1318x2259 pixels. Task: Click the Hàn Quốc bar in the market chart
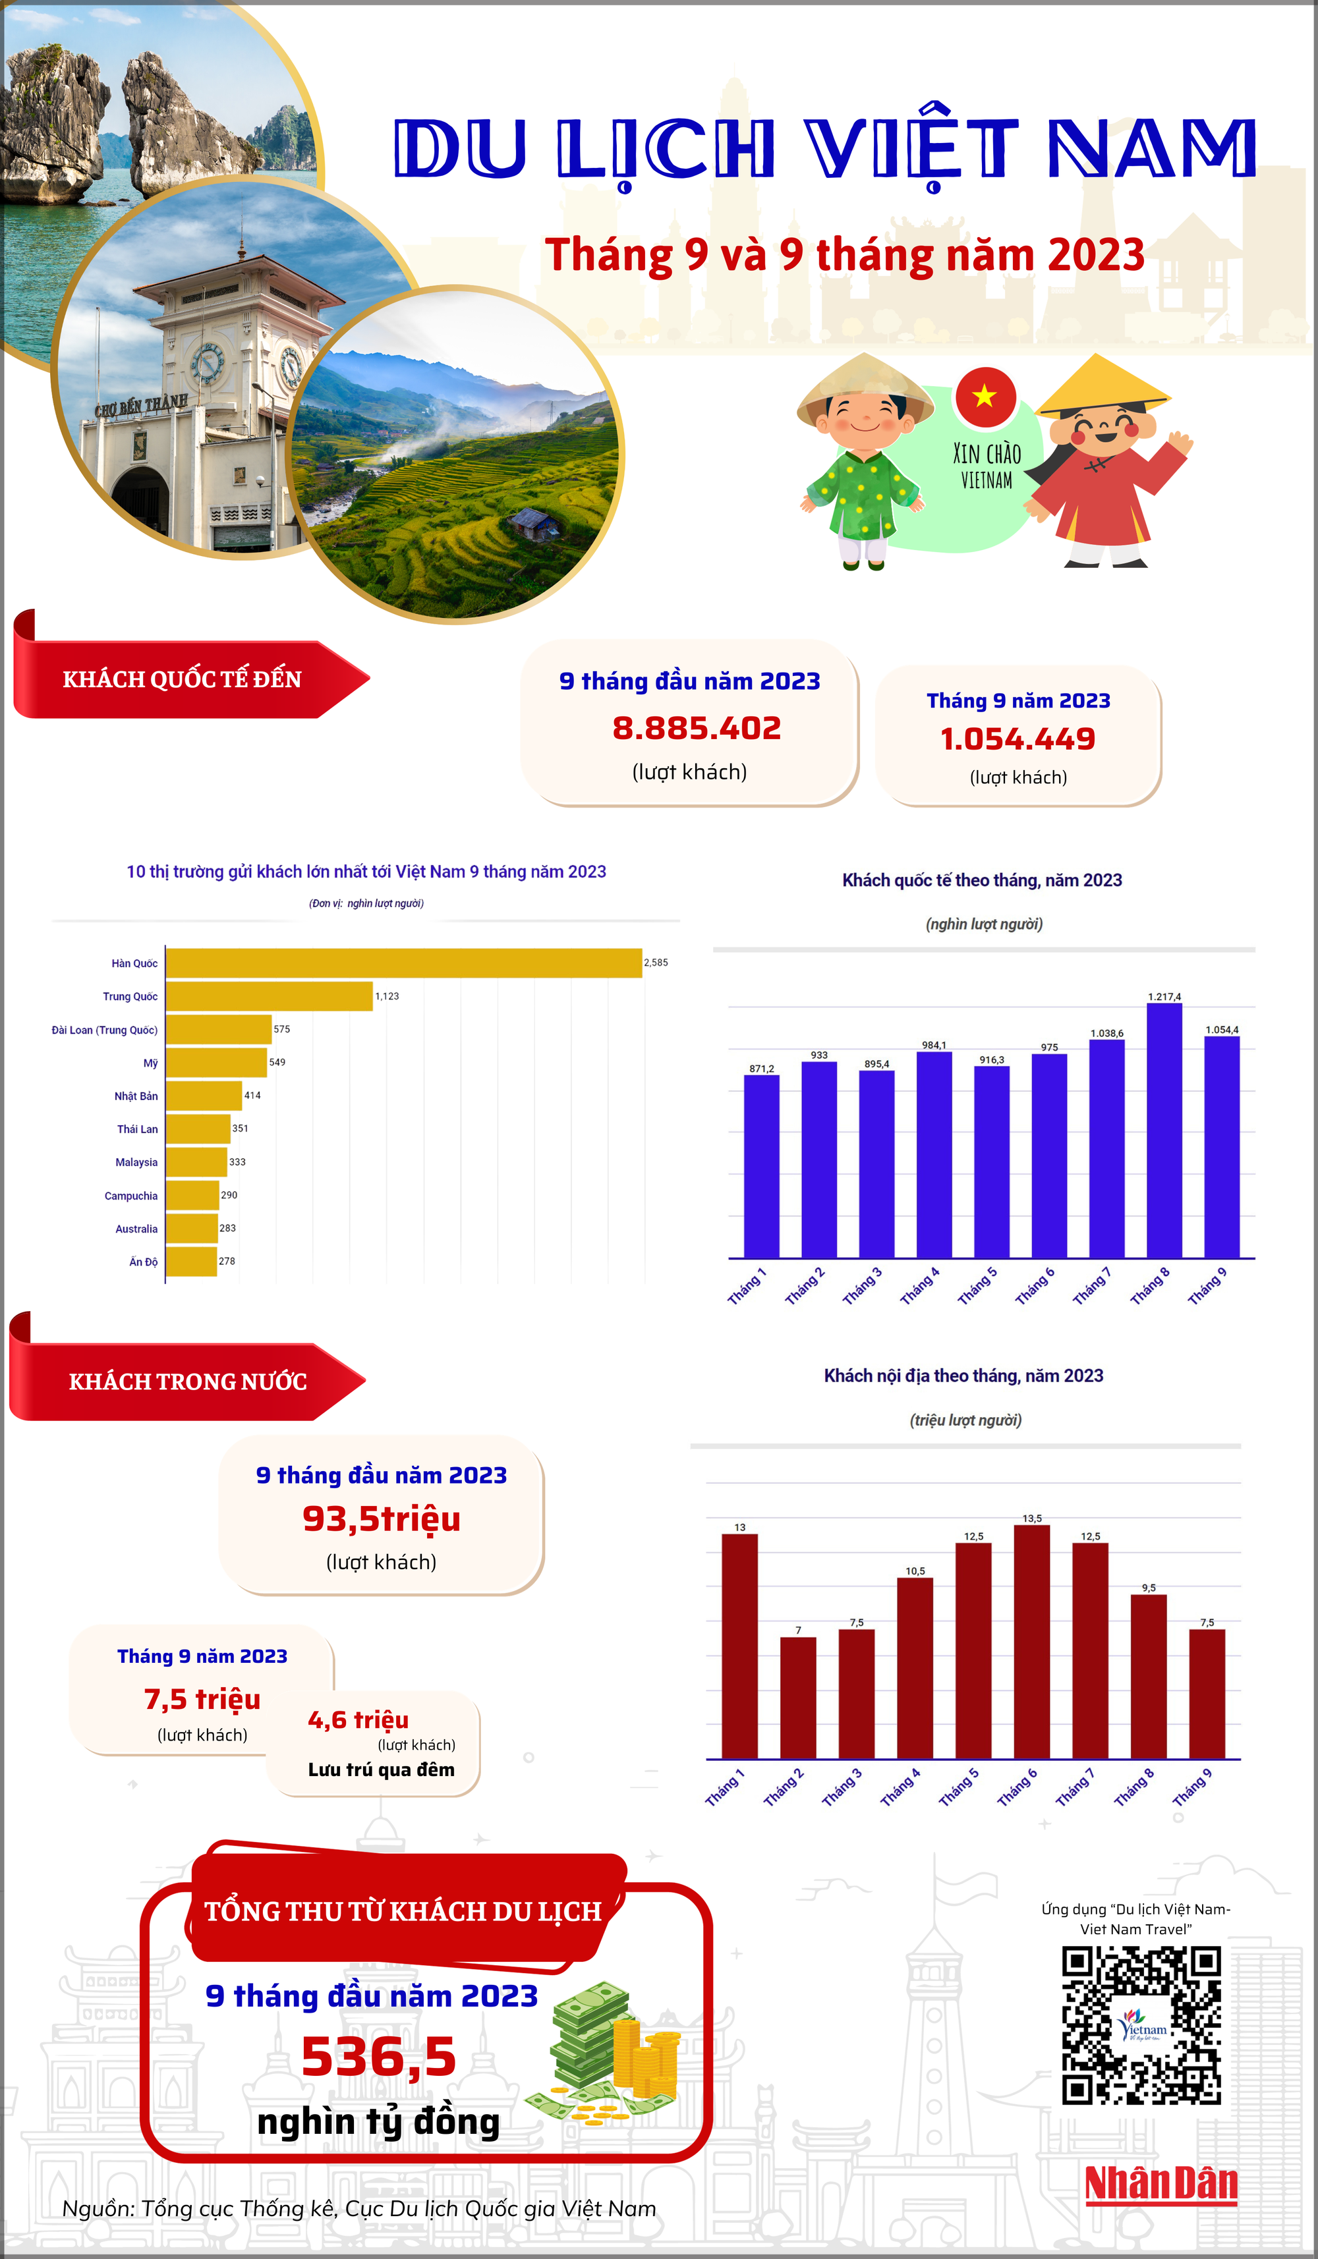click(403, 962)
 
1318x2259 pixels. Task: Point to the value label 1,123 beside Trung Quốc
click(386, 996)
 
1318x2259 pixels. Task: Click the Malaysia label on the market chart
click(136, 1163)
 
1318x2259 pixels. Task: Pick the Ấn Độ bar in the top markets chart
click(191, 1262)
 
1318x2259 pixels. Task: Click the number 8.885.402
click(697, 728)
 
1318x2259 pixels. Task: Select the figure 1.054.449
click(1017, 739)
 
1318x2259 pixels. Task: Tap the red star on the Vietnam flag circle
click(985, 395)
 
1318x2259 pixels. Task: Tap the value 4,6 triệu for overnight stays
click(358, 1719)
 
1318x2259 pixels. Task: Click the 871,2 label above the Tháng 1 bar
click(761, 1069)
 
